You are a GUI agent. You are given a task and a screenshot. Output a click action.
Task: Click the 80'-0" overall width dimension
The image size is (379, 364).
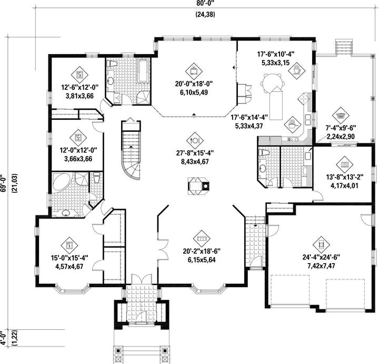click(x=205, y=3)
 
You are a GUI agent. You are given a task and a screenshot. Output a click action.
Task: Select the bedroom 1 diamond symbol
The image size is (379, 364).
click(x=69, y=246)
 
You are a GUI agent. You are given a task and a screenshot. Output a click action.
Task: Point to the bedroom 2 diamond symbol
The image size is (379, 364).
click(x=78, y=138)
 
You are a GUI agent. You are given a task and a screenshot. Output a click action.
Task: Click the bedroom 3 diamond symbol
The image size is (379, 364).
click(x=79, y=75)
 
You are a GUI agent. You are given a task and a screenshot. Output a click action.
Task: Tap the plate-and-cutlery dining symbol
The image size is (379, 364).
click(x=195, y=141)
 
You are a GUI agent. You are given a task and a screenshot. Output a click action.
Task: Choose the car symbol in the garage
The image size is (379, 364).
click(x=321, y=245)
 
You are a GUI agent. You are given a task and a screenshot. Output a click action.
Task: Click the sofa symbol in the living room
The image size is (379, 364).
click(x=202, y=238)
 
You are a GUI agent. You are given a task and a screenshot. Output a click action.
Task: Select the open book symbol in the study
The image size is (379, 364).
click(x=344, y=165)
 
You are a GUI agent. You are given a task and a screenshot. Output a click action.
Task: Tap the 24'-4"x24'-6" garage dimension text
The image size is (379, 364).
click(x=321, y=257)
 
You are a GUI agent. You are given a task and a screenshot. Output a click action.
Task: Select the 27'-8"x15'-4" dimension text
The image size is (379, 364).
click(x=195, y=153)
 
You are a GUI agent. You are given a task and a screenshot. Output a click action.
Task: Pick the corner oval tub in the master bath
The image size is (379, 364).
click(x=62, y=182)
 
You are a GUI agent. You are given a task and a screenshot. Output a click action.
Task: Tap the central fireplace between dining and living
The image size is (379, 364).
click(x=198, y=186)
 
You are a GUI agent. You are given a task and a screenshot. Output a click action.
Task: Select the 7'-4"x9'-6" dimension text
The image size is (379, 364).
click(x=341, y=128)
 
